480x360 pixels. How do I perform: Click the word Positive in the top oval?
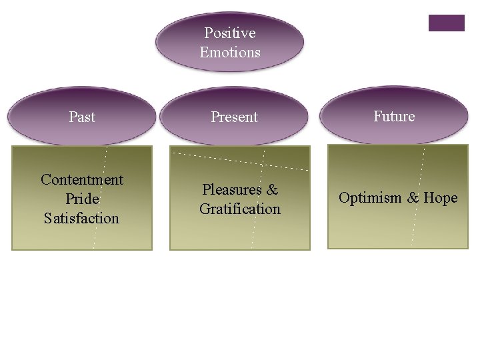229,33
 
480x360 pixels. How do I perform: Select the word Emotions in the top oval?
229,52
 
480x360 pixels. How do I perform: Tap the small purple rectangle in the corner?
446,23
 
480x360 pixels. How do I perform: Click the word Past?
82,117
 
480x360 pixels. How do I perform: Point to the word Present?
234,117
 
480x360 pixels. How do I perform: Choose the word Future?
393,116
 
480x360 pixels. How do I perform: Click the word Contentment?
82,179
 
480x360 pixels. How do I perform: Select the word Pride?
82,199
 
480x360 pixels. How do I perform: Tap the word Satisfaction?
82,218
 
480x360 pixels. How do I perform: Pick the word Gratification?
240,209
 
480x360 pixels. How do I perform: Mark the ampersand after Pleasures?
272,189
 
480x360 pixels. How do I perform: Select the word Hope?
441,198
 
